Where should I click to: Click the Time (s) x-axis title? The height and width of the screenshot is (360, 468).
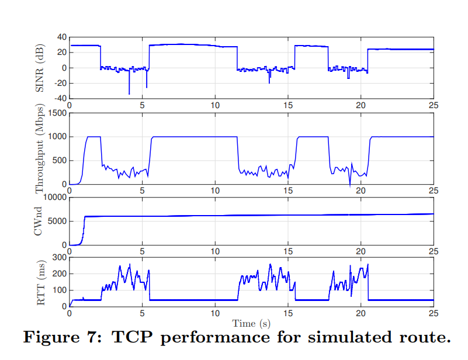[251, 323]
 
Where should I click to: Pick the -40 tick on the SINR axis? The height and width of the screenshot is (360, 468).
[60, 98]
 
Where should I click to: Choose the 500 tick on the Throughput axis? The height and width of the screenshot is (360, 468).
[59, 161]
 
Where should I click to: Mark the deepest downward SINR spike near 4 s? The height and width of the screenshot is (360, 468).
[129, 94]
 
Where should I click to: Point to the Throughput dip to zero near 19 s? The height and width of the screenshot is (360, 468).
[350, 186]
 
